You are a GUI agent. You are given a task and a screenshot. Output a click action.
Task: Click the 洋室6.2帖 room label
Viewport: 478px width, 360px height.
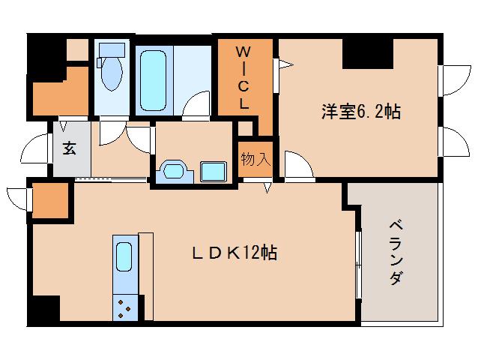click(361, 111)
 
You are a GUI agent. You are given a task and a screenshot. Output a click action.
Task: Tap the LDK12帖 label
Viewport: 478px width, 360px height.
click(235, 253)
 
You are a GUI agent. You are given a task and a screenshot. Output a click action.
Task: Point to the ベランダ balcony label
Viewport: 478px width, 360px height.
click(396, 252)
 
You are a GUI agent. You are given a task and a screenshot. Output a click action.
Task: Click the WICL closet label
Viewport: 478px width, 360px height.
click(243, 79)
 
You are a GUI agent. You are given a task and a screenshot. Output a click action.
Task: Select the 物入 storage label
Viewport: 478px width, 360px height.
click(255, 159)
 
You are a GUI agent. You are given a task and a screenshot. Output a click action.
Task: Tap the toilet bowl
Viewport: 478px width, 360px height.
click(112, 73)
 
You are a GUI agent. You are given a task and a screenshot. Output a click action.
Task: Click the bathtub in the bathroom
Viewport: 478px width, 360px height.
click(154, 80)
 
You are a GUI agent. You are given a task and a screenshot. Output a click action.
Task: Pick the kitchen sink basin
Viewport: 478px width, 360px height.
click(124, 256)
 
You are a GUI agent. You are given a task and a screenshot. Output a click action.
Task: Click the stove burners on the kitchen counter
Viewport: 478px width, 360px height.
click(124, 308)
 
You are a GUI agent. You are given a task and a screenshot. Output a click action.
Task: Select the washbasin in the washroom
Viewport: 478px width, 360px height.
click(175, 172)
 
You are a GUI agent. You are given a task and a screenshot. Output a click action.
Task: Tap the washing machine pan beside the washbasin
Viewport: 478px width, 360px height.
click(213, 172)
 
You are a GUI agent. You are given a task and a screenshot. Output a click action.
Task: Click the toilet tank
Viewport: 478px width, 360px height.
click(112, 50)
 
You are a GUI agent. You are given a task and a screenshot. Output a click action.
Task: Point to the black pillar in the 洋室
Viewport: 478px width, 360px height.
click(368, 53)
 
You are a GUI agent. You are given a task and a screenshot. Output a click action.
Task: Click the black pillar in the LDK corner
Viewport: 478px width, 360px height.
click(45, 308)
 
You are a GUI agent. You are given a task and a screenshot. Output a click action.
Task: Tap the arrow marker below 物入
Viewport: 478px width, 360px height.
click(267, 187)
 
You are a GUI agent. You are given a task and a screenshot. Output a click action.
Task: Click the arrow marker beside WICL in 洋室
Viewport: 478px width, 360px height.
click(286, 64)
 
